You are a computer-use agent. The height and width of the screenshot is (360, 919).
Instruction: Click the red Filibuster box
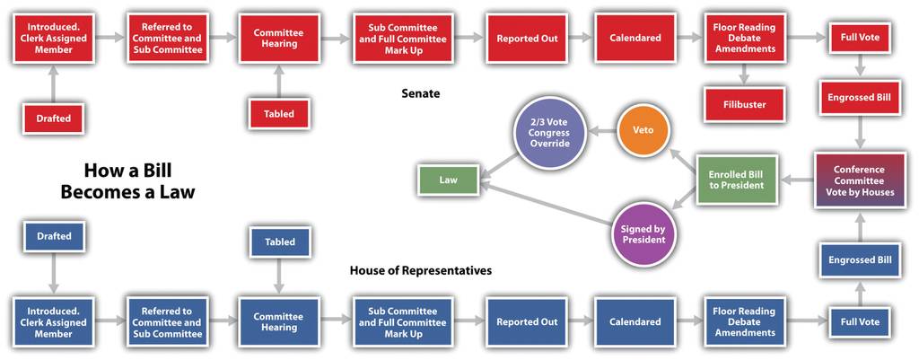pos(744,105)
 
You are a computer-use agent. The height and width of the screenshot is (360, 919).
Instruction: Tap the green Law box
pos(449,180)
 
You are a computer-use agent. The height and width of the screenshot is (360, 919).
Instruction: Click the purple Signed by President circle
pos(643,234)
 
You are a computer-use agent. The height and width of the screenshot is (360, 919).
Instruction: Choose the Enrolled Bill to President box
pos(736,180)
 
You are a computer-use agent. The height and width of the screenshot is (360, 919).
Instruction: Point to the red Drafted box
pos(54,119)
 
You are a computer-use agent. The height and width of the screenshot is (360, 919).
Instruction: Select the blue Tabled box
pos(280,241)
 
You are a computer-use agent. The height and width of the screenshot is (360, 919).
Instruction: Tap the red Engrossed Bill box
pos(859,97)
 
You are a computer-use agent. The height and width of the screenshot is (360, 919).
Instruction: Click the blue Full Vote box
pos(859,321)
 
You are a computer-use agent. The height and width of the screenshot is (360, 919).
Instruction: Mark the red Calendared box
pos(635,38)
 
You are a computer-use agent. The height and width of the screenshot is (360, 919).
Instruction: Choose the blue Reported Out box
pos(527,322)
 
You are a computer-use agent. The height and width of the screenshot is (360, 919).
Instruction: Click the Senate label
pos(421,92)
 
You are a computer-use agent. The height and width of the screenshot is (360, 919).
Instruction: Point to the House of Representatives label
pos(421,270)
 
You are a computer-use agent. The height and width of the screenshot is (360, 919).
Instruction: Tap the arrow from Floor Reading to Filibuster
pos(744,75)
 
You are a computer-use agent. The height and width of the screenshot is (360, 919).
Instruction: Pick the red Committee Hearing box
pos(279,38)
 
